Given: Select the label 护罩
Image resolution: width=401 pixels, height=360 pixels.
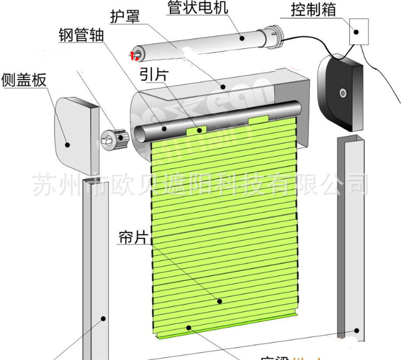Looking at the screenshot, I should (x=125, y=16).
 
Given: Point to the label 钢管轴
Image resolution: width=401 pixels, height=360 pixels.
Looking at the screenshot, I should (x=81, y=35).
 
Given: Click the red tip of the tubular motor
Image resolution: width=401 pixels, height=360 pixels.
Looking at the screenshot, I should (x=133, y=53).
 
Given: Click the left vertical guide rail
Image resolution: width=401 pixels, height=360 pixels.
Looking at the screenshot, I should (x=96, y=267).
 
